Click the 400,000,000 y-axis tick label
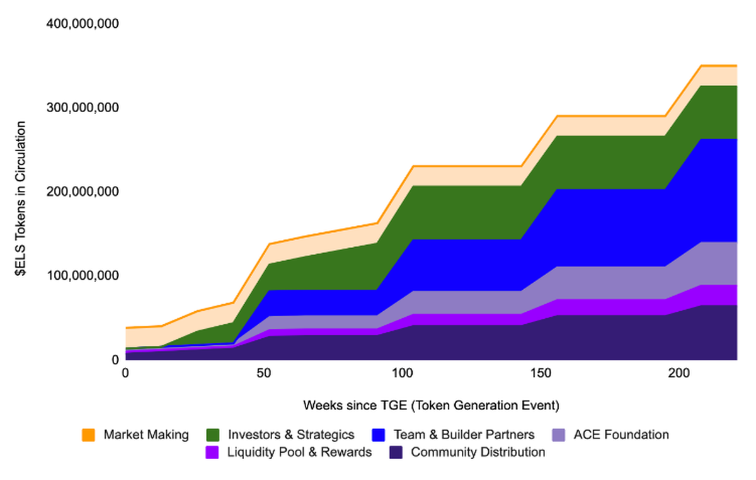83,24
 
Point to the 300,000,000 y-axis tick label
83,108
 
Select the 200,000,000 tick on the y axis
83,191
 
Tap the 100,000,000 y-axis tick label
83,276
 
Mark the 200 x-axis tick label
679,373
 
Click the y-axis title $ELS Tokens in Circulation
20,191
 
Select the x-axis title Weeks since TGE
431,404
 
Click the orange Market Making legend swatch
88,435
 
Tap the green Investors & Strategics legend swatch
213,435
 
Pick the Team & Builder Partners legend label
464,435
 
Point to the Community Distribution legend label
478,452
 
